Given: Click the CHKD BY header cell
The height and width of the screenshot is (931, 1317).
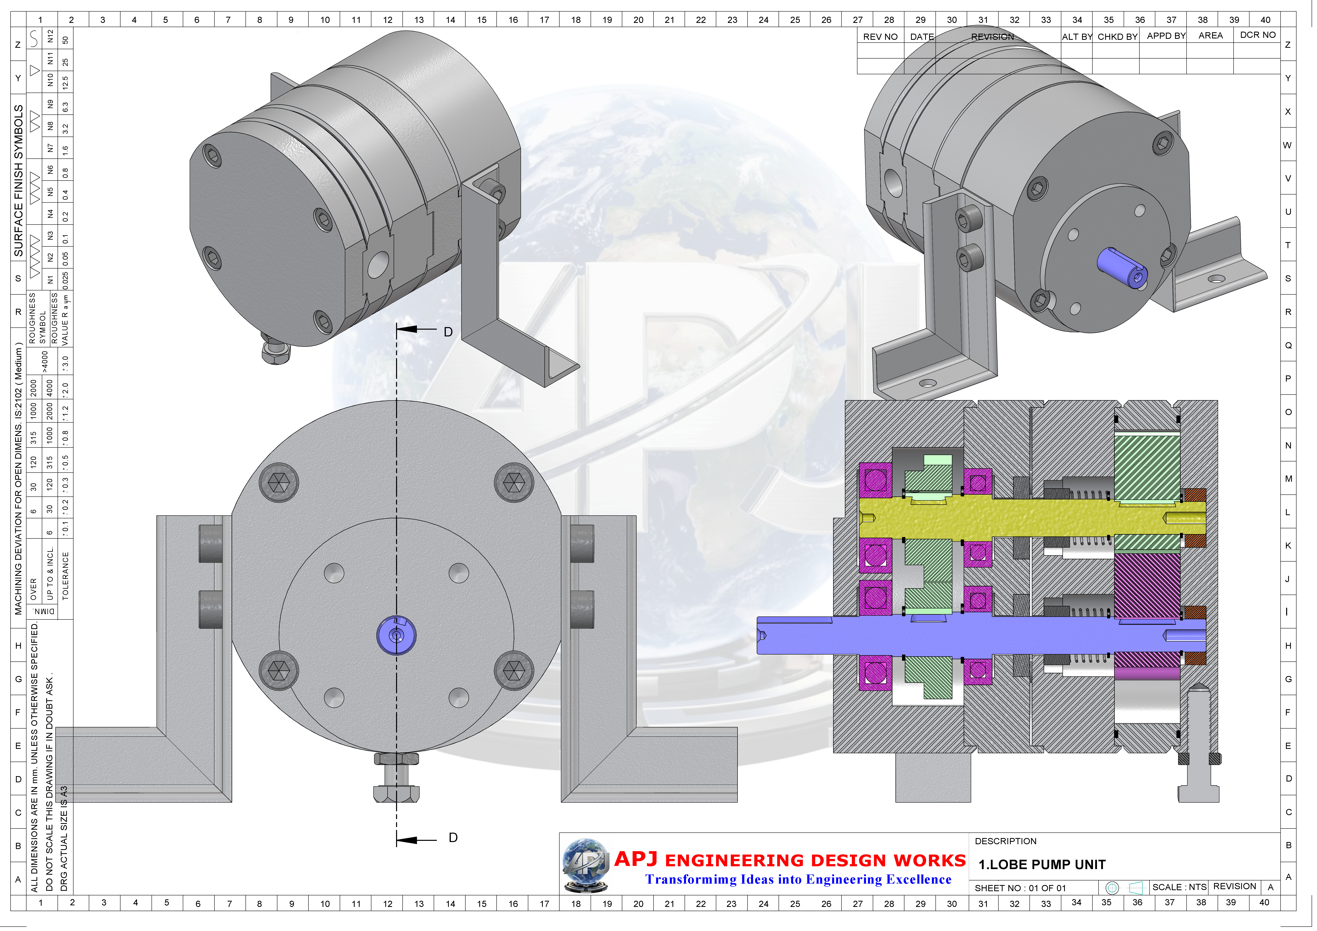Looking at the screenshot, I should pyautogui.click(x=1117, y=37).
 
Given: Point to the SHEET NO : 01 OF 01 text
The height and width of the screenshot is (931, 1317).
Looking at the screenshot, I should pyautogui.click(x=1020, y=888).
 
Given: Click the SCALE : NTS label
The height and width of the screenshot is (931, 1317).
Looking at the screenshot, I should pyautogui.click(x=1179, y=887).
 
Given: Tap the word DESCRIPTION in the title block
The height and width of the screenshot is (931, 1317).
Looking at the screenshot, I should pyautogui.click(x=1006, y=841).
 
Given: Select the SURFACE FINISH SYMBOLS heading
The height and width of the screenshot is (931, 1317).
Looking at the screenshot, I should pyautogui.click(x=19, y=181).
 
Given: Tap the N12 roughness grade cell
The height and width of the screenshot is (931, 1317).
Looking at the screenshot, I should pyautogui.click(x=50, y=37).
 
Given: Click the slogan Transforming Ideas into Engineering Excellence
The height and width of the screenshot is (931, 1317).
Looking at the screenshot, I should pyautogui.click(x=798, y=879).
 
